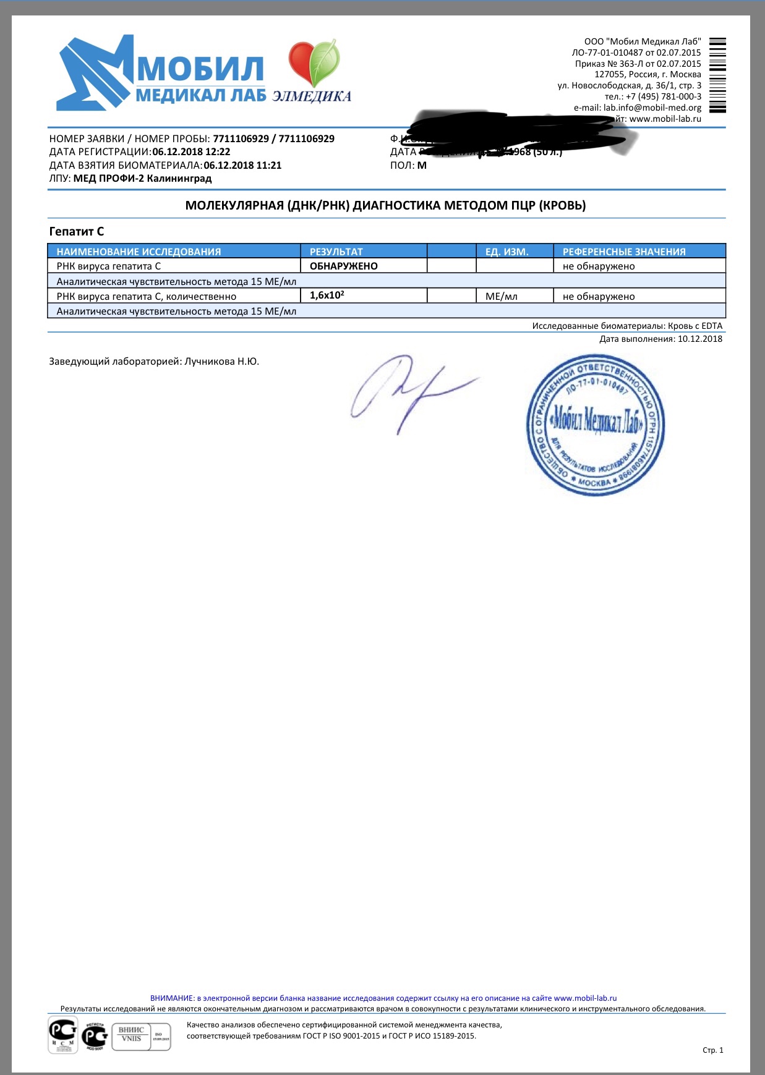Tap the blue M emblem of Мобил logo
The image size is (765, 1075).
click(96, 73)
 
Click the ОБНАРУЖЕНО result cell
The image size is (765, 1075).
click(343, 266)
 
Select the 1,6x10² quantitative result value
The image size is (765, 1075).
click(327, 295)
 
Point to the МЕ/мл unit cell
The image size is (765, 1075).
click(501, 297)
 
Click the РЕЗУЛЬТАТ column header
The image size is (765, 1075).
click(336, 252)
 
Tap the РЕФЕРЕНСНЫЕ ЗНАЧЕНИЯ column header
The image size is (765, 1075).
click(623, 252)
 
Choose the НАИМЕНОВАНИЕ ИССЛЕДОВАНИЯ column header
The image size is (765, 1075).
click(139, 252)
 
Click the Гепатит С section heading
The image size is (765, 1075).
click(77, 232)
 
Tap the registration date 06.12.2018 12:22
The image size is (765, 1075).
click(191, 152)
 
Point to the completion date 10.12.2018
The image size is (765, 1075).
click(699, 339)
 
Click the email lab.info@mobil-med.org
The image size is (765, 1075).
click(652, 108)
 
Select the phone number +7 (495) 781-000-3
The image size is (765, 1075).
click(664, 96)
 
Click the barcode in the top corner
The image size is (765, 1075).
click(717, 75)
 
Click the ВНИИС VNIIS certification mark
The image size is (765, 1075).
click(131, 1034)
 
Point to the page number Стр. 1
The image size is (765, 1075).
click(712, 1050)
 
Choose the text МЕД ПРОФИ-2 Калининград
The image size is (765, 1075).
click(142, 179)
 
